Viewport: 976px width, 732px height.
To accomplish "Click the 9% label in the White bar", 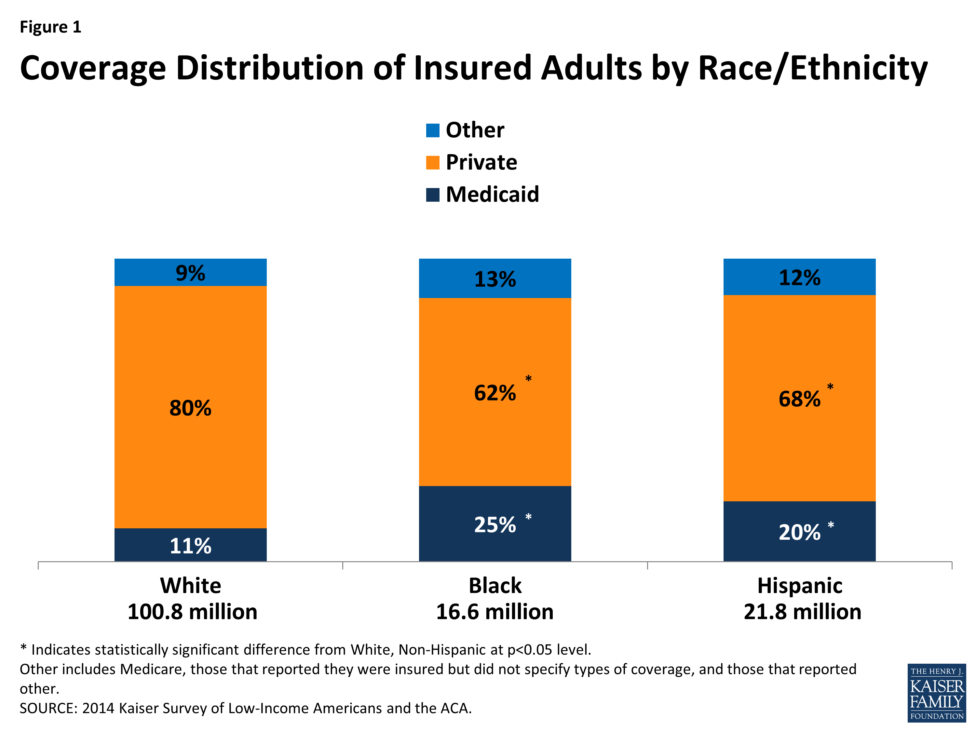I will point(190,273).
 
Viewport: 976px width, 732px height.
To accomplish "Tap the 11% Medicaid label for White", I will point(190,546).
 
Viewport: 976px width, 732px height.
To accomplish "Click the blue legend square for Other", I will point(432,130).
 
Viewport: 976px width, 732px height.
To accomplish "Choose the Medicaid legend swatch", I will point(432,195).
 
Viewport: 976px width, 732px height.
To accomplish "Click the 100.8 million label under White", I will point(192,612).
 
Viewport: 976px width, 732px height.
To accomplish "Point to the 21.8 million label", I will point(802,612).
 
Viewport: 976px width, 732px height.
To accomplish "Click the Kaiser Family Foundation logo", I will point(936,693).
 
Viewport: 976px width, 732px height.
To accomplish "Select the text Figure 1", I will point(50,27).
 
